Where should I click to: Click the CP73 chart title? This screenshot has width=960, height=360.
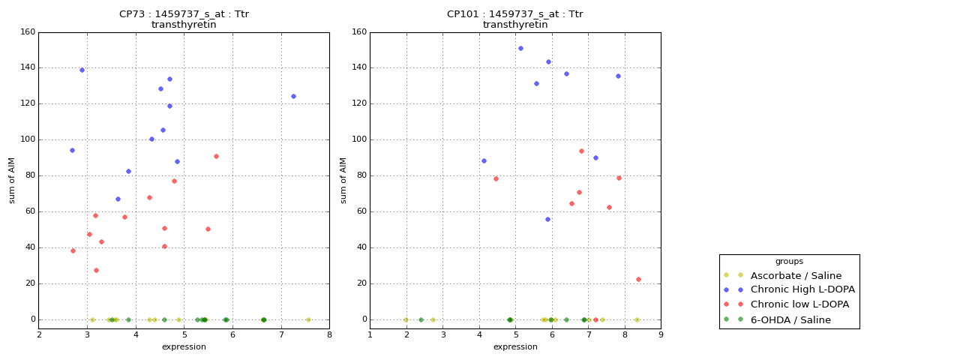click(184, 19)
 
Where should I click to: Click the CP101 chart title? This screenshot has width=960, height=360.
click(515, 19)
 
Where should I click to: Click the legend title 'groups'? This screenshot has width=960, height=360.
click(789, 262)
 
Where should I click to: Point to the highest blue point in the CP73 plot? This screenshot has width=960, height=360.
click(82, 70)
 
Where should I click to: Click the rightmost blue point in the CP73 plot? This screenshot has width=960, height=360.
click(293, 96)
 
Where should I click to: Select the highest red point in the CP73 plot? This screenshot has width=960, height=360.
click(216, 156)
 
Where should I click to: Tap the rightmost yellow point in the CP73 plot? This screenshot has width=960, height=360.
click(308, 319)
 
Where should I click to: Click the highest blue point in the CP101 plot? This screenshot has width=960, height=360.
click(520, 48)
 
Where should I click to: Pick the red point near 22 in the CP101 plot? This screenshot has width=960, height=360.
click(638, 279)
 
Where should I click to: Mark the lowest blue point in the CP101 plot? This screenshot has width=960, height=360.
click(547, 219)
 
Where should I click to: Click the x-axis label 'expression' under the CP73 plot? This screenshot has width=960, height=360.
click(184, 346)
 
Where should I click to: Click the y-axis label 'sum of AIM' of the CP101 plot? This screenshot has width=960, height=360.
click(343, 180)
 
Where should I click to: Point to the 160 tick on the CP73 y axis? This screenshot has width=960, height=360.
click(27, 32)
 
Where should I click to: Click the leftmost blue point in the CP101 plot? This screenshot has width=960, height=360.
click(484, 160)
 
